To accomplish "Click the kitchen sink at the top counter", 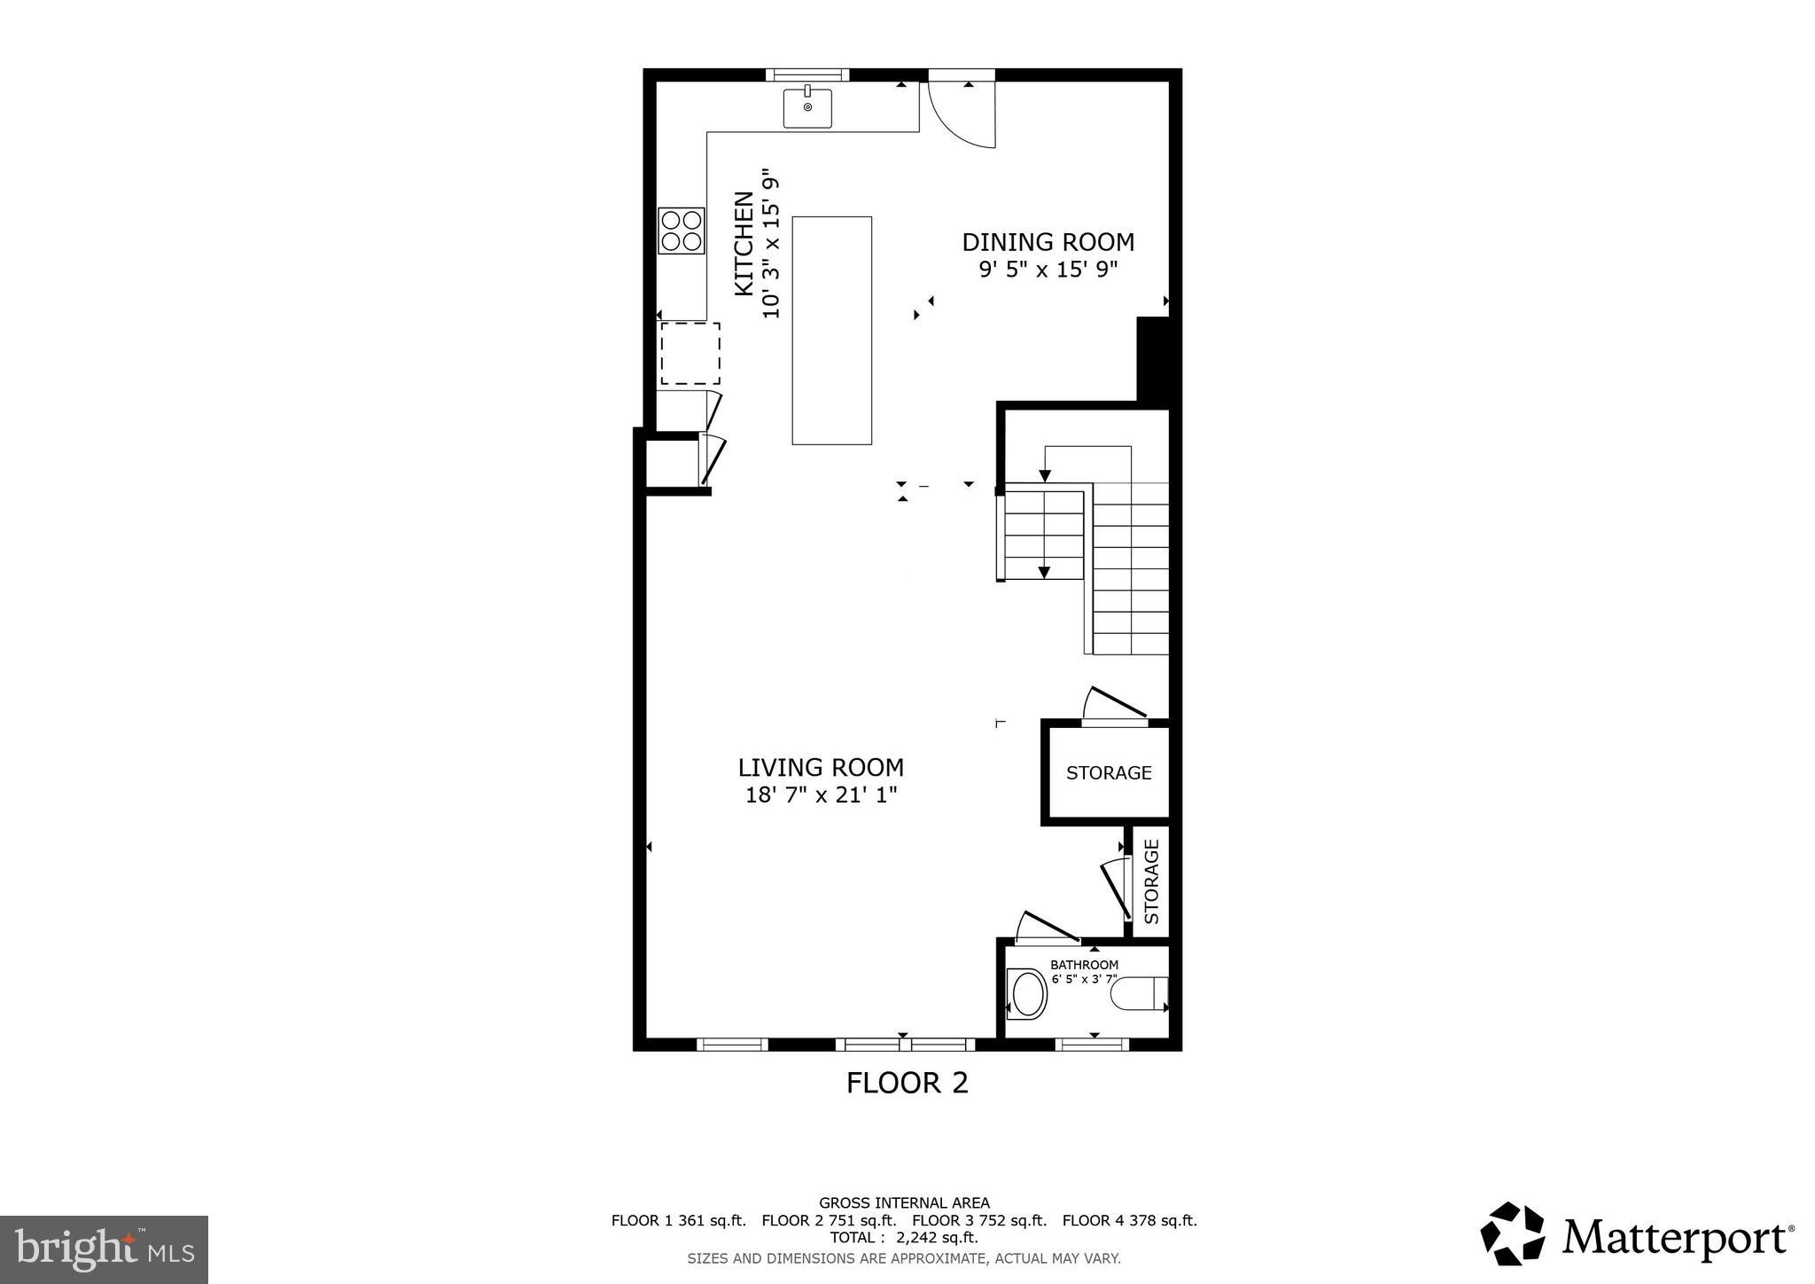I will [807, 107].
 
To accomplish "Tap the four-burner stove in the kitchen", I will [681, 231].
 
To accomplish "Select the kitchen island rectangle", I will [831, 330].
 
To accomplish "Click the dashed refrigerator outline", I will [689, 353].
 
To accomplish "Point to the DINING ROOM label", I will [1048, 242].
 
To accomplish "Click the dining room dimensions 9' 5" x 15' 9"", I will [1048, 270].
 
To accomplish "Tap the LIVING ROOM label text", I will [821, 767].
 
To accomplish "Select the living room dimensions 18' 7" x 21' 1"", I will [821, 795].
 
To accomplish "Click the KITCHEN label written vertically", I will [744, 244].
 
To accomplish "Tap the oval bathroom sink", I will [1028, 993].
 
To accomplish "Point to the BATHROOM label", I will [1084, 965].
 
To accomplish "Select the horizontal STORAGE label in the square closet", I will [1108, 772].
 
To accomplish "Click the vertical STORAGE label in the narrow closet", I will [1151, 881].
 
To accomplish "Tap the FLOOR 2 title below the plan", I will [907, 1083].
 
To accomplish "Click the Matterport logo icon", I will [1512, 1233].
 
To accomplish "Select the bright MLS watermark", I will [104, 1249].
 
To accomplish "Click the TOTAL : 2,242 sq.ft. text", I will [903, 1237].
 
